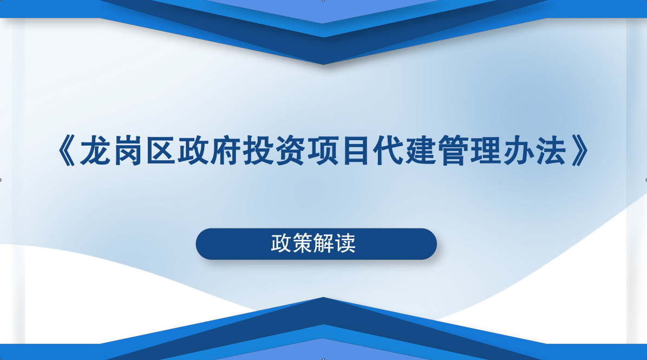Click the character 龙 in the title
click(95, 151)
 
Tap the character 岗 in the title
click(128, 151)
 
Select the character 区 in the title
click(160, 151)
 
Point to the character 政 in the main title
click(193, 151)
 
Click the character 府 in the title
click(226, 151)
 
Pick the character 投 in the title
click(258, 151)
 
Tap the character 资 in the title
click(291, 151)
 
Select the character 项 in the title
click(324, 151)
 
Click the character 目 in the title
click(356, 151)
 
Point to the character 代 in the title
click(389, 151)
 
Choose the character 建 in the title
click(421, 151)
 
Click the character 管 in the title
click(454, 151)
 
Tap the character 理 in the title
click(487, 151)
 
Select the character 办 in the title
click(519, 151)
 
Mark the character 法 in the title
click(552, 151)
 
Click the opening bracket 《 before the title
click(66, 151)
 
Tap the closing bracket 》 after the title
click(580, 151)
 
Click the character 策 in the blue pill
click(303, 243)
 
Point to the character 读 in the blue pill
click(345, 243)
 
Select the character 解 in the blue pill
click(324, 243)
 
